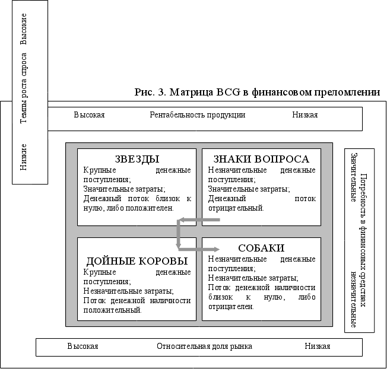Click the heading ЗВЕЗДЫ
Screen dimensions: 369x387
coord(137,159)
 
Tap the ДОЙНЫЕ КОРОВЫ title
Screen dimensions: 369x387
coord(137,261)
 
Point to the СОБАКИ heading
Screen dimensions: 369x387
coord(261,248)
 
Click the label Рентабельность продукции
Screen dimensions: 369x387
coord(197,115)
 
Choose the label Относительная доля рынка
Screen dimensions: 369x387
coord(204,346)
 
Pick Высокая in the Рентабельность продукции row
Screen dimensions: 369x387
coord(89,115)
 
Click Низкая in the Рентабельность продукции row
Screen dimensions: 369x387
coord(304,115)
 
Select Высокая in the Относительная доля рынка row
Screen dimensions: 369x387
coord(83,346)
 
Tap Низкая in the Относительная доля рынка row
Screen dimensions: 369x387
coord(318,346)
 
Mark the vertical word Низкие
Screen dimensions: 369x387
coord(24,156)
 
